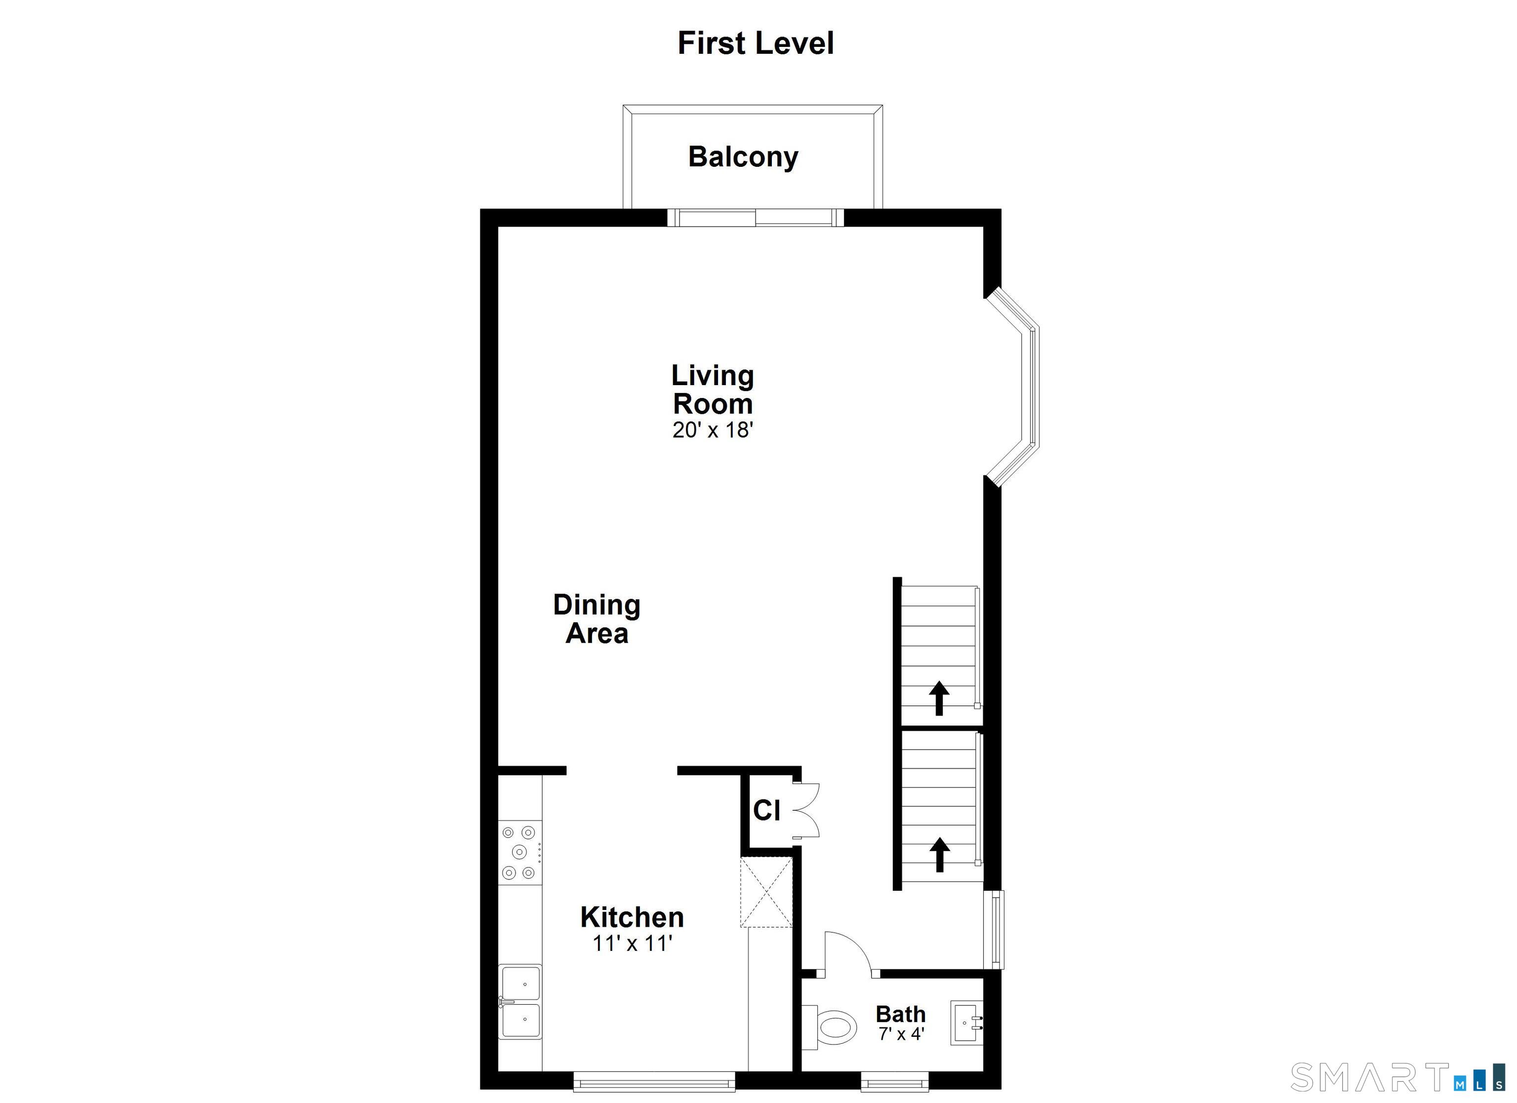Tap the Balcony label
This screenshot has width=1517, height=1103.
[x=743, y=157]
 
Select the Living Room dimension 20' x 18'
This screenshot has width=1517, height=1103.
[x=713, y=430]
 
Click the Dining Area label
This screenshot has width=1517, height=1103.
[x=597, y=619]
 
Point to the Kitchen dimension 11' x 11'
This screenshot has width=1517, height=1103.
[x=632, y=943]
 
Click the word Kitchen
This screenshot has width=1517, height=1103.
[x=632, y=917]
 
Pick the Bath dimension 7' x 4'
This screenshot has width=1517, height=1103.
[x=901, y=1034]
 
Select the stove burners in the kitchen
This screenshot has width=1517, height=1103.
[x=519, y=852]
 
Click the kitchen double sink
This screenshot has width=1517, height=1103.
[x=520, y=1002]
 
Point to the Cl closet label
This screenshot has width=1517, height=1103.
[x=766, y=811]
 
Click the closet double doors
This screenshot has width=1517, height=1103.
[x=807, y=811]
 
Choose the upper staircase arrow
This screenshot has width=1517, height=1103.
[x=939, y=698]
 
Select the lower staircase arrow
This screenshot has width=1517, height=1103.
[x=940, y=854]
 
